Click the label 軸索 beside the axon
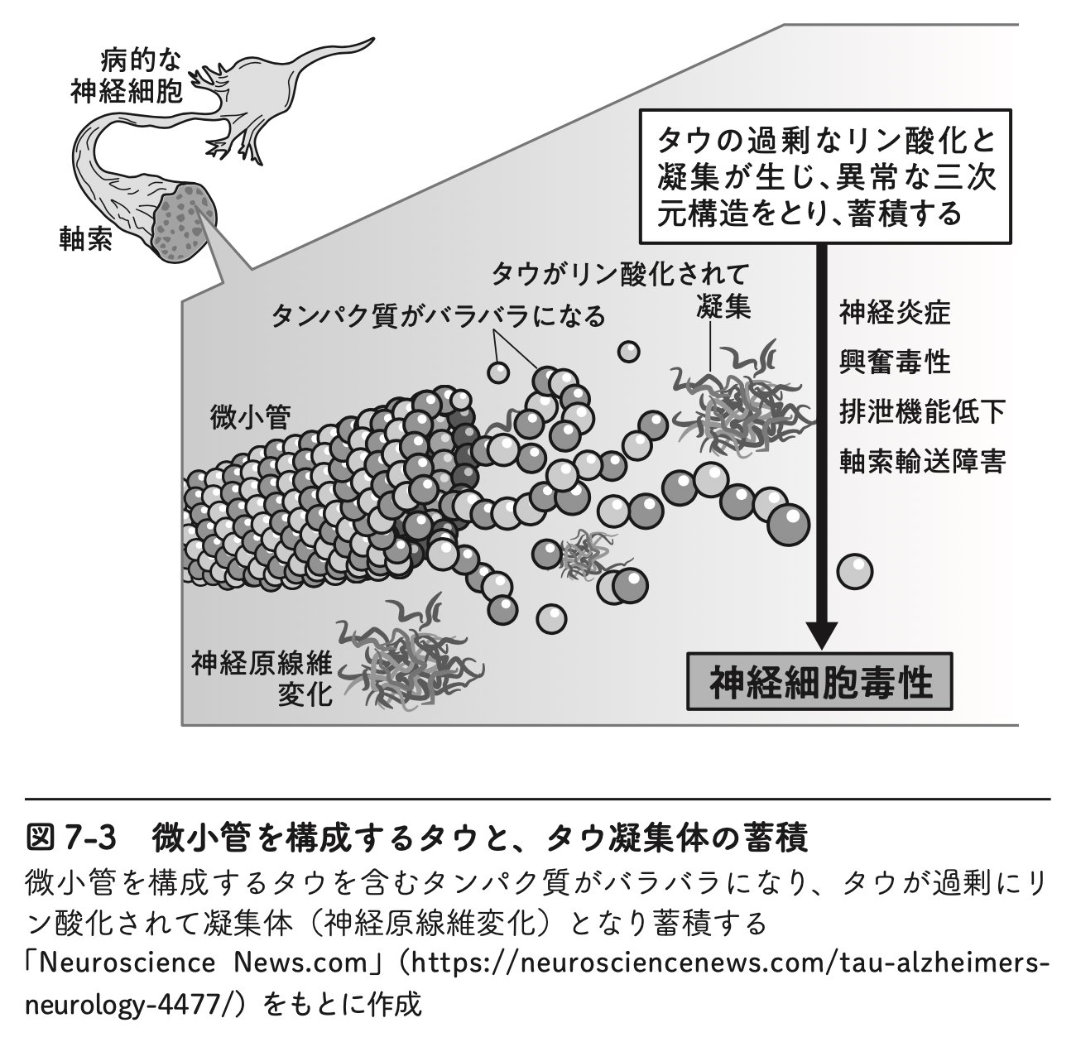tap(86, 239)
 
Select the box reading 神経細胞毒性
tap(819, 682)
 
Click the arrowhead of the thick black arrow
tap(821, 636)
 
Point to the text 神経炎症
tap(895, 312)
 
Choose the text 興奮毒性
tap(895, 362)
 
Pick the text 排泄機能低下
tap(922, 412)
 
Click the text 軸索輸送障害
tap(922, 462)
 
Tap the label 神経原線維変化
tap(262, 679)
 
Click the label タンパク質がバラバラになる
tap(438, 316)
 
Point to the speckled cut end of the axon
tap(184, 223)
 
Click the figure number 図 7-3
tap(71, 838)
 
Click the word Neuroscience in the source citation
tap(127, 963)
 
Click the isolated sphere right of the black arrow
tap(855, 572)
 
